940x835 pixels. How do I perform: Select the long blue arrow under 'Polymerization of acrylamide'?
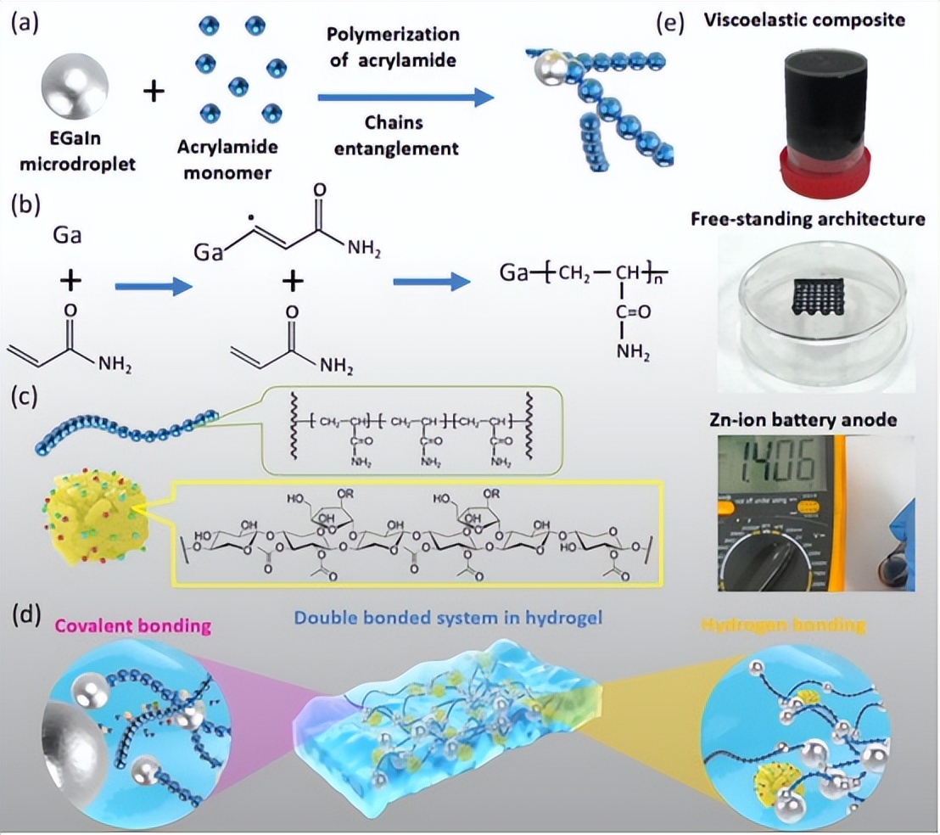coord(405,98)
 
